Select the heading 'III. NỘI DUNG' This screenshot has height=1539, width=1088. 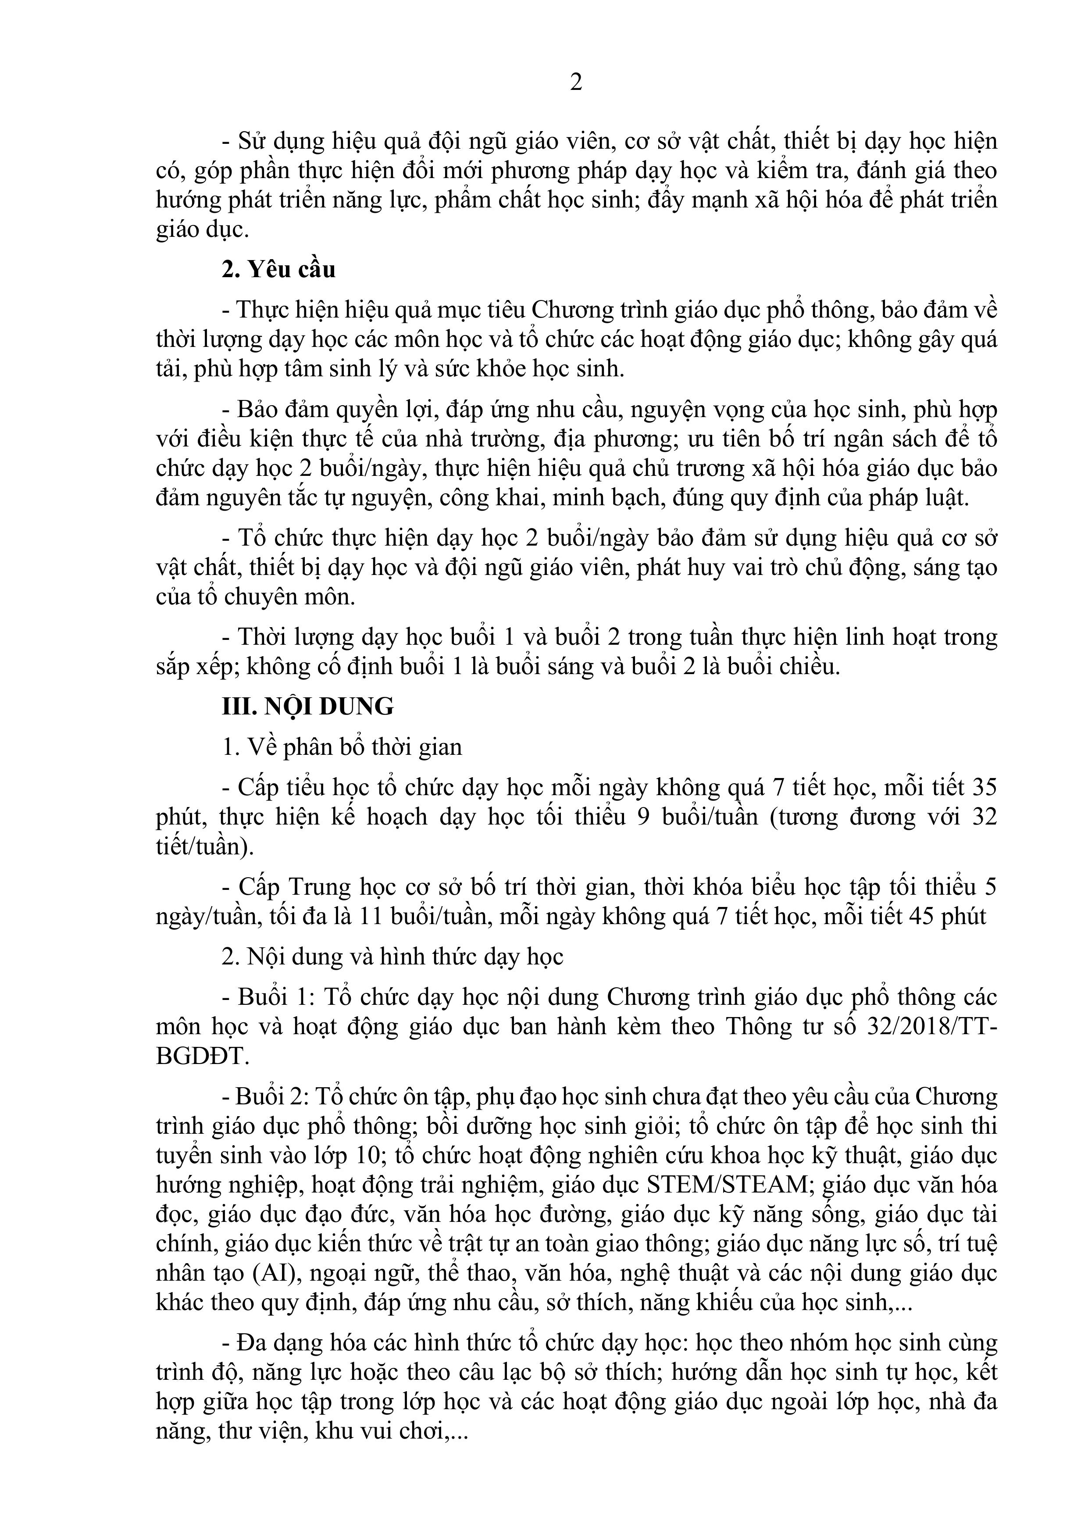(x=308, y=707)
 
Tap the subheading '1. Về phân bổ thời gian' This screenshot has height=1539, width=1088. (x=342, y=747)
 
